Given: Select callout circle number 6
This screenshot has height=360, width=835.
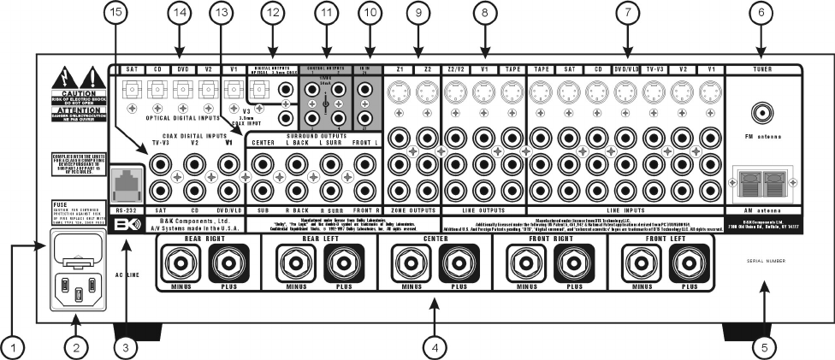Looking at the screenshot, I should [x=761, y=13].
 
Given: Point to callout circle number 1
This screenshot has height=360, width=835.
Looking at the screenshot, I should [x=14, y=347].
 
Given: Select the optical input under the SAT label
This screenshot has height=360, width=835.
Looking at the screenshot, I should [x=133, y=88].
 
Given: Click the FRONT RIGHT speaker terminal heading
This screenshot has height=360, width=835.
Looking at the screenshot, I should [x=549, y=240].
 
